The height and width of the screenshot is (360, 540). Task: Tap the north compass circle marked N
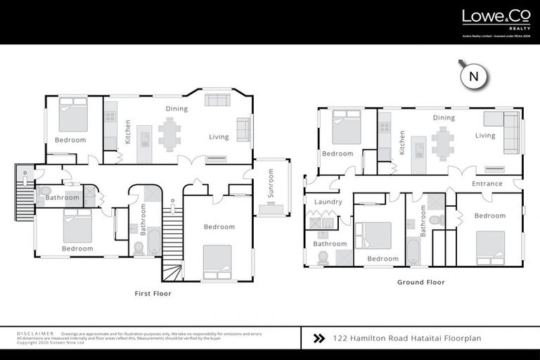(473, 77)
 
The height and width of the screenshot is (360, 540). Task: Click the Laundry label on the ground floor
(328, 202)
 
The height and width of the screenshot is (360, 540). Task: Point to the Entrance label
(487, 184)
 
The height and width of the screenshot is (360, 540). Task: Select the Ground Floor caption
(420, 282)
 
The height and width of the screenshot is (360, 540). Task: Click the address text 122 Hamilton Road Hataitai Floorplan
(407, 338)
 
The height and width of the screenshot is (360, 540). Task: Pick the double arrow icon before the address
(319, 338)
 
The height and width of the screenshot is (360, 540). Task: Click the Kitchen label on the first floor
(128, 131)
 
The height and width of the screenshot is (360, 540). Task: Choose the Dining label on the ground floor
(444, 118)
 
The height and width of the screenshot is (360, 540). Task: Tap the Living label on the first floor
(219, 136)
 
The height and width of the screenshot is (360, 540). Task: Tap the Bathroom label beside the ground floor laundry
(330, 244)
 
